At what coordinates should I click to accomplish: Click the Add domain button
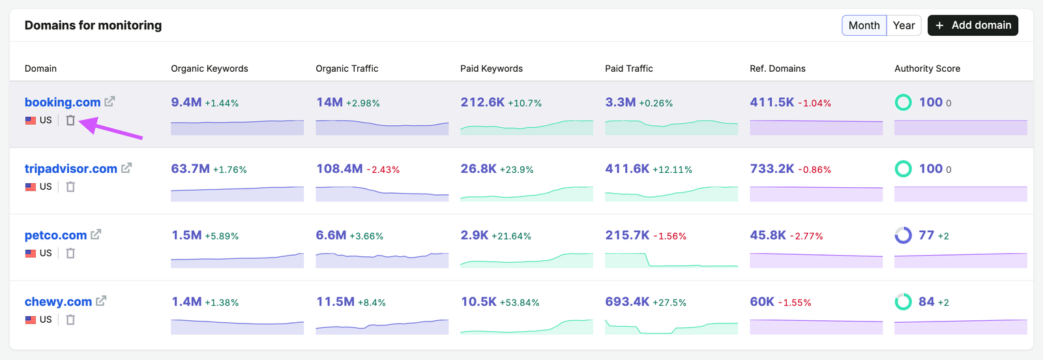973,25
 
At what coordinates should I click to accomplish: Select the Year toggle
903,25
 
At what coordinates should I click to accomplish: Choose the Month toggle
864,25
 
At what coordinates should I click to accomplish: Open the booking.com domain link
63,102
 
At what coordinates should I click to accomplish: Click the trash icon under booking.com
70,120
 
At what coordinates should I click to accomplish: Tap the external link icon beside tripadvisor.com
126,168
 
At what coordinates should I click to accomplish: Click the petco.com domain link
55,235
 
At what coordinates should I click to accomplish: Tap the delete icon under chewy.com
70,320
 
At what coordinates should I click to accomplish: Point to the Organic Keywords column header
209,68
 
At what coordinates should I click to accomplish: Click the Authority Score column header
927,68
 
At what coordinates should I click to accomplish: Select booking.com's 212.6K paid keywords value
482,102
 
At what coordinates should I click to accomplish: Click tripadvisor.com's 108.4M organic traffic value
340,169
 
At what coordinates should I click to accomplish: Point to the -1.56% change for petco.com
669,236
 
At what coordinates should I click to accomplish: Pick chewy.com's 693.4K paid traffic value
627,302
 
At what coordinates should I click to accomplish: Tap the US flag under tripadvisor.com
30,187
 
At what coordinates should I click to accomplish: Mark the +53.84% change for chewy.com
520,303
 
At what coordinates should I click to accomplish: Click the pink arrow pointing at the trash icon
111,128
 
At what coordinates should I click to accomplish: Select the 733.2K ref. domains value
772,169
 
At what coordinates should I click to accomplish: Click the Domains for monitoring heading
93,25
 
